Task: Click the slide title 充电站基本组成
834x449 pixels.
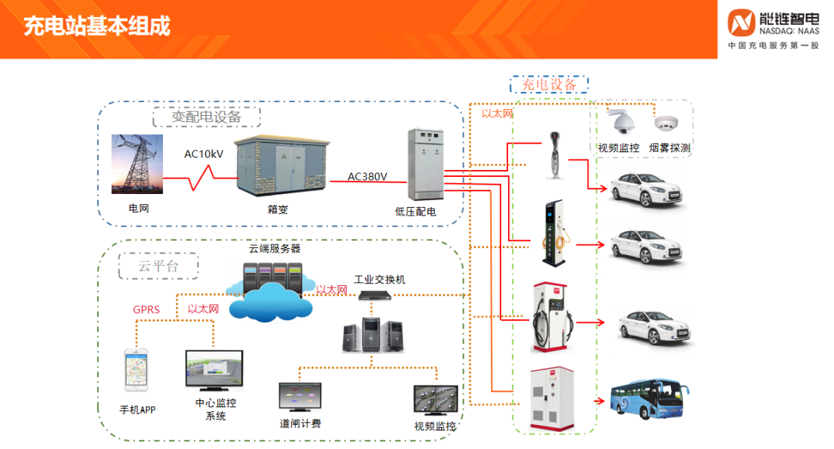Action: point(97,27)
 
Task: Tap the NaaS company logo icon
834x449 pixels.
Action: point(743,23)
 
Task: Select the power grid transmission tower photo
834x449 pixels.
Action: point(137,163)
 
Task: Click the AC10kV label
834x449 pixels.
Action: point(203,154)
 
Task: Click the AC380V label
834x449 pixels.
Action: point(368,175)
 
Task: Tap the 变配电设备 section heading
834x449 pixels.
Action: point(206,117)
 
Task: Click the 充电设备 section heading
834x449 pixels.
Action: point(550,84)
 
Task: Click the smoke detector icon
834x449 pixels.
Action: point(664,123)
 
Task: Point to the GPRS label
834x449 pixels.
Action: point(146,310)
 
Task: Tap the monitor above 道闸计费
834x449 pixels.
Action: point(300,396)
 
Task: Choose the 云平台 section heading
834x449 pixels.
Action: point(158,266)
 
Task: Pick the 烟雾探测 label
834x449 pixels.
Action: point(670,148)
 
